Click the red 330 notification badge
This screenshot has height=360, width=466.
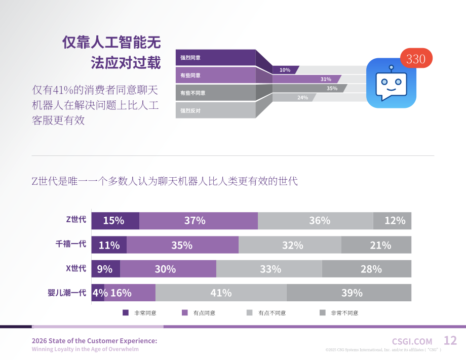click(x=416, y=58)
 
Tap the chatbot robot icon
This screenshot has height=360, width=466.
click(x=391, y=83)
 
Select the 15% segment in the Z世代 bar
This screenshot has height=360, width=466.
click(x=115, y=221)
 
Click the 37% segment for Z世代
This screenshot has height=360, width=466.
click(x=199, y=221)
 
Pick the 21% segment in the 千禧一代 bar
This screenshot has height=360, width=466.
click(x=376, y=245)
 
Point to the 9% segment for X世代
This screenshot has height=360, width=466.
click(x=106, y=269)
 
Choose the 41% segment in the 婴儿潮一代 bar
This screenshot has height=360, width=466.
click(x=221, y=293)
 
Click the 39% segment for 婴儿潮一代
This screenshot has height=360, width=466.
click(x=349, y=293)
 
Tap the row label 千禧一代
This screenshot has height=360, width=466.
click(x=71, y=244)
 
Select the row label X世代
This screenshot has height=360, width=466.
click(x=76, y=268)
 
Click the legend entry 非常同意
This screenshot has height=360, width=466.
click(x=139, y=313)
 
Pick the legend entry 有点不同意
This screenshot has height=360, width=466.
click(x=266, y=313)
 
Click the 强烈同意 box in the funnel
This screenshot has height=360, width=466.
click(x=215, y=58)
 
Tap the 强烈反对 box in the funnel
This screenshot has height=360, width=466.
click(x=215, y=110)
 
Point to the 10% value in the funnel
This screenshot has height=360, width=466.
click(x=285, y=70)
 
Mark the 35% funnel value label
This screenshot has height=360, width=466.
click(x=332, y=89)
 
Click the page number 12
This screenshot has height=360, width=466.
click(x=450, y=340)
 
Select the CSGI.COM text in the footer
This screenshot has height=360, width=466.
click(x=412, y=342)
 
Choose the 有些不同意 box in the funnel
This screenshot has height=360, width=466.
click(x=215, y=93)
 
